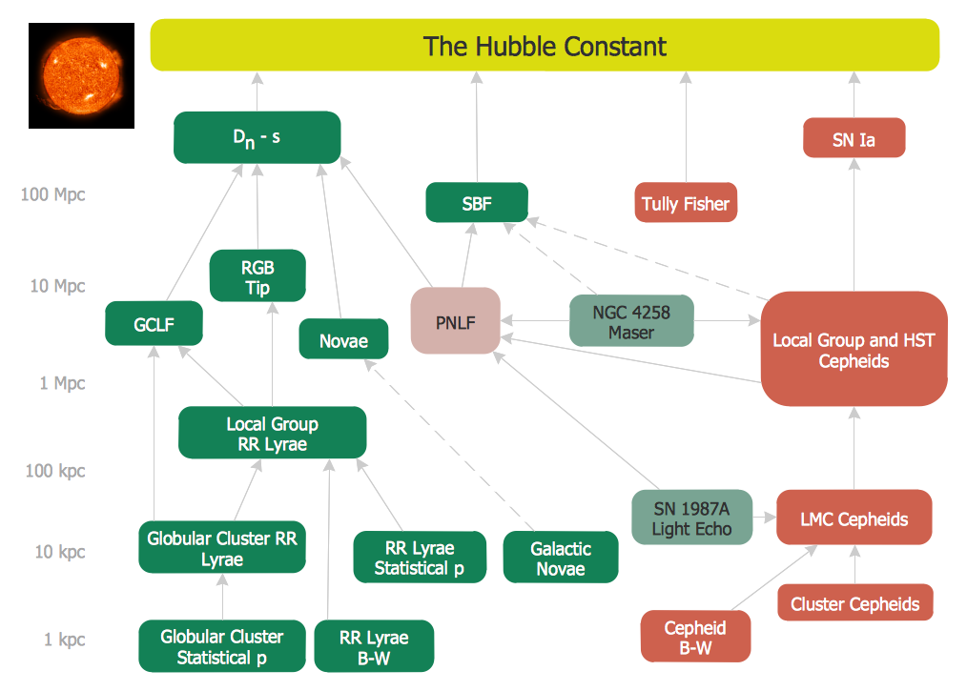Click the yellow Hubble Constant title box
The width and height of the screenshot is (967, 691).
545,46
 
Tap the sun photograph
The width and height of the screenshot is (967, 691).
81,75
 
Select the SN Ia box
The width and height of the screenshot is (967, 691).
854,139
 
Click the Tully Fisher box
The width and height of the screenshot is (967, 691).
686,203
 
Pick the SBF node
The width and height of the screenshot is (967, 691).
476,203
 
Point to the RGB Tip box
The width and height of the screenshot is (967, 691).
257,275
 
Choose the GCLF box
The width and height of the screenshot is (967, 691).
154,325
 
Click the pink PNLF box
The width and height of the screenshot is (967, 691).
455,322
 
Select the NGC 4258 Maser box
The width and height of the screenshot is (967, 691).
631,321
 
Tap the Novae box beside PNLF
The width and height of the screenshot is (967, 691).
343,339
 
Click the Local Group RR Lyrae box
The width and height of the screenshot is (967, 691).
272,434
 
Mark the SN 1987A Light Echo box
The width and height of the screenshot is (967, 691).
691,518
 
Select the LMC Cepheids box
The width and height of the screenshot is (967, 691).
854,518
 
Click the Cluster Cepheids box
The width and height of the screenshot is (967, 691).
854,603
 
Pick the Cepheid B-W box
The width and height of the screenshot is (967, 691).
695,638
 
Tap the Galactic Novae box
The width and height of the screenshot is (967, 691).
561,558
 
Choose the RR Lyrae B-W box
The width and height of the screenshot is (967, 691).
374,646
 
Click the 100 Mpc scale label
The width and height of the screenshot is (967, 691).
53,194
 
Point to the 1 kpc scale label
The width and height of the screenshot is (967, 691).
65,639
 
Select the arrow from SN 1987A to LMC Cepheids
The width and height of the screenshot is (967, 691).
764,518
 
